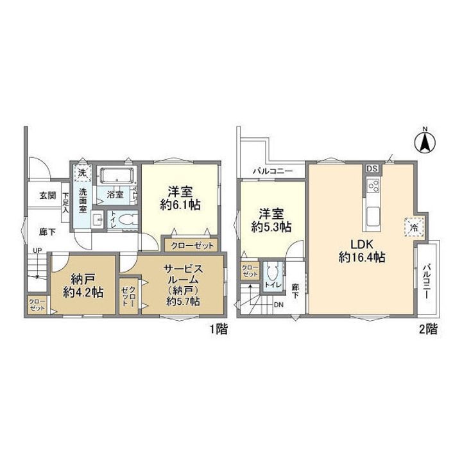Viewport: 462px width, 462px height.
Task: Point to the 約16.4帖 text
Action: point(362,258)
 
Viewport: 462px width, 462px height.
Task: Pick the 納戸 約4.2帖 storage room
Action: point(84,286)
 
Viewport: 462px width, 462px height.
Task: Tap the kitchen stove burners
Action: point(372,187)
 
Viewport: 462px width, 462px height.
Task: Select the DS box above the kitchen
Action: point(372,169)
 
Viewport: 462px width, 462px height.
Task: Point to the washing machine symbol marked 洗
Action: point(82,173)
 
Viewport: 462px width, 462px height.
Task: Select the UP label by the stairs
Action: point(37,250)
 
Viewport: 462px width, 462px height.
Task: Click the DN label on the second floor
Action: point(278,305)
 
